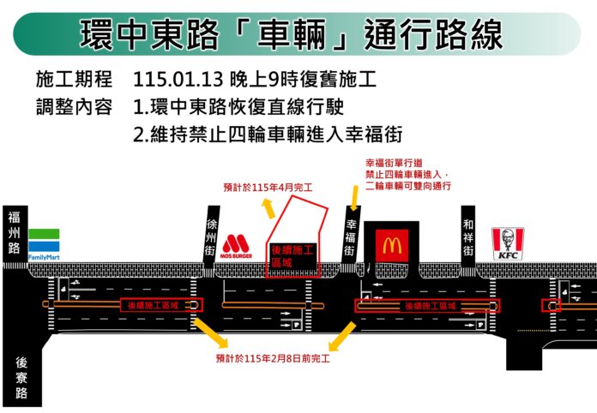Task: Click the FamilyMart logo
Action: [44, 244]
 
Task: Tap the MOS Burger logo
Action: [236, 246]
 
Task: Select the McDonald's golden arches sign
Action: [392, 245]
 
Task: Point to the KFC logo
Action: [508, 243]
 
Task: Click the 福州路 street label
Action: [14, 233]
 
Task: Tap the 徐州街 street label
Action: [210, 237]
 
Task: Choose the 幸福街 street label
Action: [350, 237]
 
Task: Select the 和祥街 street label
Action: [468, 237]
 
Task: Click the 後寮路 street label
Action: [21, 377]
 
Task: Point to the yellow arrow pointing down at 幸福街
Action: [354, 198]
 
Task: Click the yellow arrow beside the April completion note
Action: [268, 208]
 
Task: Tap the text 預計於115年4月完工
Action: [268, 188]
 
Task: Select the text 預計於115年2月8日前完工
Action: [273, 359]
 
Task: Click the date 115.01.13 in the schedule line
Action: [178, 80]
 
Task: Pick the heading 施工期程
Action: [74, 80]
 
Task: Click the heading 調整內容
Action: [74, 107]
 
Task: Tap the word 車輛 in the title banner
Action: [292, 34]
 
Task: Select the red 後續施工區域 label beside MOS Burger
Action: [292, 256]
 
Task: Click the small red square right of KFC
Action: [551, 305]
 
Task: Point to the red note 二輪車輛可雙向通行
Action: [408, 186]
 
